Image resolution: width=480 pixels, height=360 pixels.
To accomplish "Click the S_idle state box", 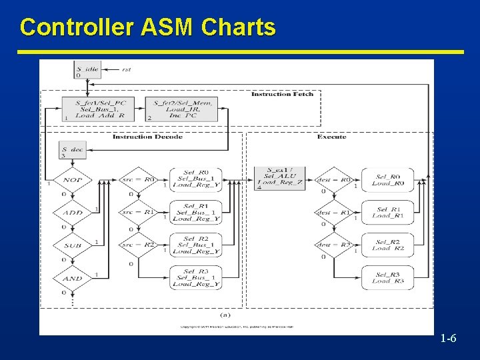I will click(x=87, y=69).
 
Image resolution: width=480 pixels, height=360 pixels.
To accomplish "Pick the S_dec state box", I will click(x=73, y=151).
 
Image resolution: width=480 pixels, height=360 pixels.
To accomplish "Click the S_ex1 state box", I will click(x=280, y=177).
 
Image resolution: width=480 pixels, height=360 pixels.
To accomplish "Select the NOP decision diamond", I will click(x=73, y=180).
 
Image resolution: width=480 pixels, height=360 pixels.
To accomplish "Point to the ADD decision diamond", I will click(x=73, y=213).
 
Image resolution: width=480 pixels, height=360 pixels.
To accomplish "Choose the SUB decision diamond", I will click(x=73, y=245).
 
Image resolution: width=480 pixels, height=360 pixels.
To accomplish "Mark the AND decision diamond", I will click(x=73, y=278).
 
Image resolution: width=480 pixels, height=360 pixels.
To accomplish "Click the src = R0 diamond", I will click(x=138, y=180).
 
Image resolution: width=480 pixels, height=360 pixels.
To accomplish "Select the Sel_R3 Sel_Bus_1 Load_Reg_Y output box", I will click(x=196, y=278).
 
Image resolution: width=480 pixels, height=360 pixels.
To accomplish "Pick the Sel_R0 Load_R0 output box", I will click(x=387, y=180).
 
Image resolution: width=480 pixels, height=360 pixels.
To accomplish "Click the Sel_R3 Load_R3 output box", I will click(x=387, y=278).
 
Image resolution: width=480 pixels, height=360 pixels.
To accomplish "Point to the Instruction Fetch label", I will click(x=282, y=94).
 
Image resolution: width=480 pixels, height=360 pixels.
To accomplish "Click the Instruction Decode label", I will click(x=147, y=137).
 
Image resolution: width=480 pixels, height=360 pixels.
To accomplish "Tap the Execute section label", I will click(x=331, y=137).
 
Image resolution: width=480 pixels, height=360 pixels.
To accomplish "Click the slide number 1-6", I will click(x=448, y=339).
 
